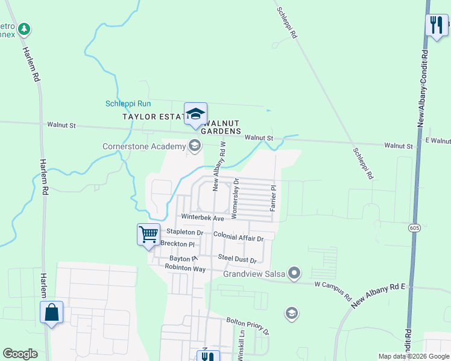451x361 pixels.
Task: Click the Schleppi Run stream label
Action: pyautogui.click(x=128, y=103)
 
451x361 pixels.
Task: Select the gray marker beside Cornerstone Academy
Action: pyautogui.click(x=195, y=145)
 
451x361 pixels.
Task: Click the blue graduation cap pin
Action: pyautogui.click(x=195, y=114)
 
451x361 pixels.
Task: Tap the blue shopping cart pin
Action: pyautogui.click(x=148, y=234)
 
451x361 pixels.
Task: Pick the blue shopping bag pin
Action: pyautogui.click(x=51, y=312)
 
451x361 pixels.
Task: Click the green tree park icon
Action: pyautogui.click(x=24, y=28)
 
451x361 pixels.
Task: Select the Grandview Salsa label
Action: pyautogui.click(x=253, y=274)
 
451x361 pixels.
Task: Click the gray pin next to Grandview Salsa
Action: pyautogui.click(x=294, y=274)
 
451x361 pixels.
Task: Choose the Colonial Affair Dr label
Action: pyautogui.click(x=239, y=238)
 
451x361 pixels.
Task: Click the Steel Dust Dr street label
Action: pyautogui.click(x=238, y=259)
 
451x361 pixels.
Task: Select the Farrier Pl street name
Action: pyautogui.click(x=273, y=198)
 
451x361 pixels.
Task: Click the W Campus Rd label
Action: pyautogui.click(x=333, y=290)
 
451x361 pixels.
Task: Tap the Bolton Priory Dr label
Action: pyautogui.click(x=248, y=326)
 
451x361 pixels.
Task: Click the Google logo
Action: pyautogui.click(x=20, y=354)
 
